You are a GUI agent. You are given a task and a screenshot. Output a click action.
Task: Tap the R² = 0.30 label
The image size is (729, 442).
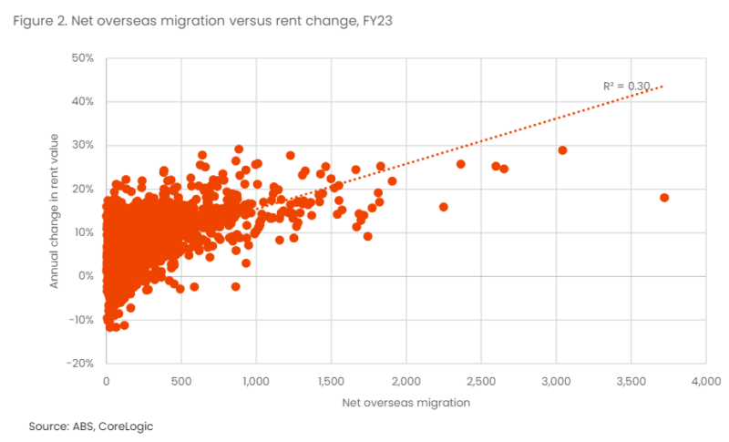tap(626, 86)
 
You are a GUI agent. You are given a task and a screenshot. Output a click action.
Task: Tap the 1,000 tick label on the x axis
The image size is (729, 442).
tap(256, 381)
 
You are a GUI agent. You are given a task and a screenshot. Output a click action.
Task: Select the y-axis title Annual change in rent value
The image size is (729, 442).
tap(54, 209)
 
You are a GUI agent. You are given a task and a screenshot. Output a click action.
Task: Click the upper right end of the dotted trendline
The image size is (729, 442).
tap(662, 87)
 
